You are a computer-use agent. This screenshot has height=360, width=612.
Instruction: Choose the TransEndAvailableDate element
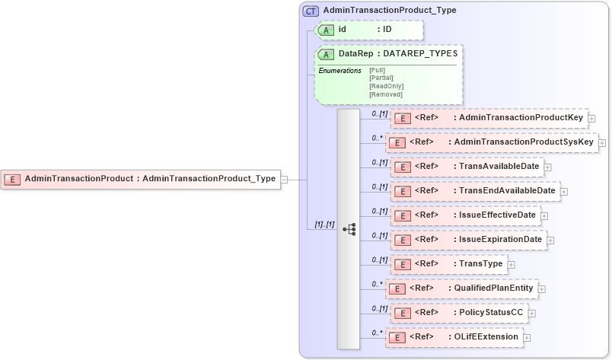[474, 191]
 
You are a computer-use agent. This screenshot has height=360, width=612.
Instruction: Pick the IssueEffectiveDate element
[465, 215]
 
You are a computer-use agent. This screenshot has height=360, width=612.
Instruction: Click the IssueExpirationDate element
[468, 240]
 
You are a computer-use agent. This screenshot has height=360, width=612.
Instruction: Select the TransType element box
[448, 264]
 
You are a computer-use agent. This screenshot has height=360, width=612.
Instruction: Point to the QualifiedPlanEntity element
[462, 288]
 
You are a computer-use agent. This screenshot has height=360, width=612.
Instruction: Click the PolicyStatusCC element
[458, 313]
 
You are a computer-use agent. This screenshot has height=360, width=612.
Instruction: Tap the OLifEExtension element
[454, 336]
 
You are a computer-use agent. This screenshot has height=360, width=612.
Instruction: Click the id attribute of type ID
[369, 30]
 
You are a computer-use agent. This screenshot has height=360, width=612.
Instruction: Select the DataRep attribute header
[389, 54]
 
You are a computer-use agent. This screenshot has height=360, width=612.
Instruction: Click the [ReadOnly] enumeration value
[386, 86]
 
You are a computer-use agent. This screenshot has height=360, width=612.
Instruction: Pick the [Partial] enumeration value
[381, 78]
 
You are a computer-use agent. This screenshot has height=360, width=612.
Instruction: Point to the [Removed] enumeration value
[385, 94]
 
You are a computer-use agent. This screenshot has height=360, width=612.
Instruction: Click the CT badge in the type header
[311, 11]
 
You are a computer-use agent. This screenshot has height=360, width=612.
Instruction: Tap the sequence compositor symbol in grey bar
[349, 228]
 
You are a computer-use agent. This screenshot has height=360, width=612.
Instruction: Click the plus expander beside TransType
[511, 265]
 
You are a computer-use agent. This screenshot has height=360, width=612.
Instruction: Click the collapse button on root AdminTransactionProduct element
[284, 180]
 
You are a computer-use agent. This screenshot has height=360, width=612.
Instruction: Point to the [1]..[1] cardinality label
[325, 225]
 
